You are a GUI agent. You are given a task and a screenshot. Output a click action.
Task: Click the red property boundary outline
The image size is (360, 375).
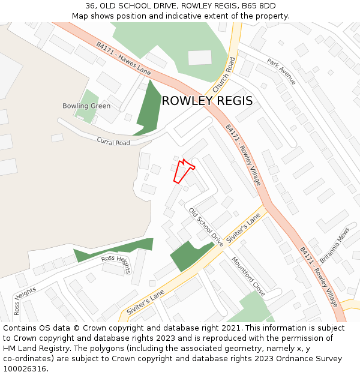(x=184, y=171)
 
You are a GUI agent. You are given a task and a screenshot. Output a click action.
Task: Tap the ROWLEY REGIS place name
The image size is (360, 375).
(x=207, y=101)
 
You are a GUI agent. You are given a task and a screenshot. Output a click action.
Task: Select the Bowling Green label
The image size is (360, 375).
(x=86, y=106)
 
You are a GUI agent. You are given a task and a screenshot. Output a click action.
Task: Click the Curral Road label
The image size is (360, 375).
(x=113, y=142)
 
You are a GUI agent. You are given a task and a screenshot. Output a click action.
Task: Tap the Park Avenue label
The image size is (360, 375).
(x=281, y=71)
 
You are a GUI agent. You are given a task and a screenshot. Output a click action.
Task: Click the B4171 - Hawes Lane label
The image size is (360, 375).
(x=123, y=58)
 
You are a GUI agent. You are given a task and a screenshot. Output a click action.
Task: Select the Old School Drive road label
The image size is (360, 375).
(x=206, y=227)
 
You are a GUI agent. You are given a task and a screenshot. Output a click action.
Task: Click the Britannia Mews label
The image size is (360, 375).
(x=334, y=248)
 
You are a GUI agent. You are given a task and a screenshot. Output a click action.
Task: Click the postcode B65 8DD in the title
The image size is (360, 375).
(x=259, y=6)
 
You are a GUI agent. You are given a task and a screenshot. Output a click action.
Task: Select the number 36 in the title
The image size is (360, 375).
(x=90, y=6)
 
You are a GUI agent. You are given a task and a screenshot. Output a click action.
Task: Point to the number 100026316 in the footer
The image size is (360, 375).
(x=25, y=368)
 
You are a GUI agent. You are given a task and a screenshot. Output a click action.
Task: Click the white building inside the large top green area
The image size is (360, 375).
(x=200, y=58)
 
